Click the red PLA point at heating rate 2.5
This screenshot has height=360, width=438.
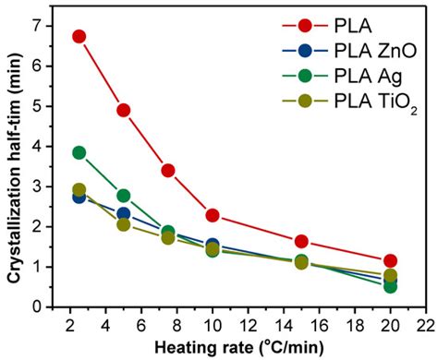coord(79,37)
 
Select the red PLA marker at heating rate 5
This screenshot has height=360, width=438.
coord(123,110)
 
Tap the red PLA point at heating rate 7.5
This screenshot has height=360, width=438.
coord(168,170)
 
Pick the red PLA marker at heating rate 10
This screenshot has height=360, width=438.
coord(213,215)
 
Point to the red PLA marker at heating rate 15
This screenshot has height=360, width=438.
coord(301,241)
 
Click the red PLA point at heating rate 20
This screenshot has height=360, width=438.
coord(390,261)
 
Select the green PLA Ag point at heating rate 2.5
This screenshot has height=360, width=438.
coord(79,152)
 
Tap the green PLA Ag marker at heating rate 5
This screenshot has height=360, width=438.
coord(123,196)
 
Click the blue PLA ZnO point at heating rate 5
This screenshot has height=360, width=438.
coord(123,214)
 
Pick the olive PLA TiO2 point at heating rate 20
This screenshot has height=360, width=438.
coord(390,275)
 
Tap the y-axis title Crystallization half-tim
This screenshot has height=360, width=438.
coord(12,166)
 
